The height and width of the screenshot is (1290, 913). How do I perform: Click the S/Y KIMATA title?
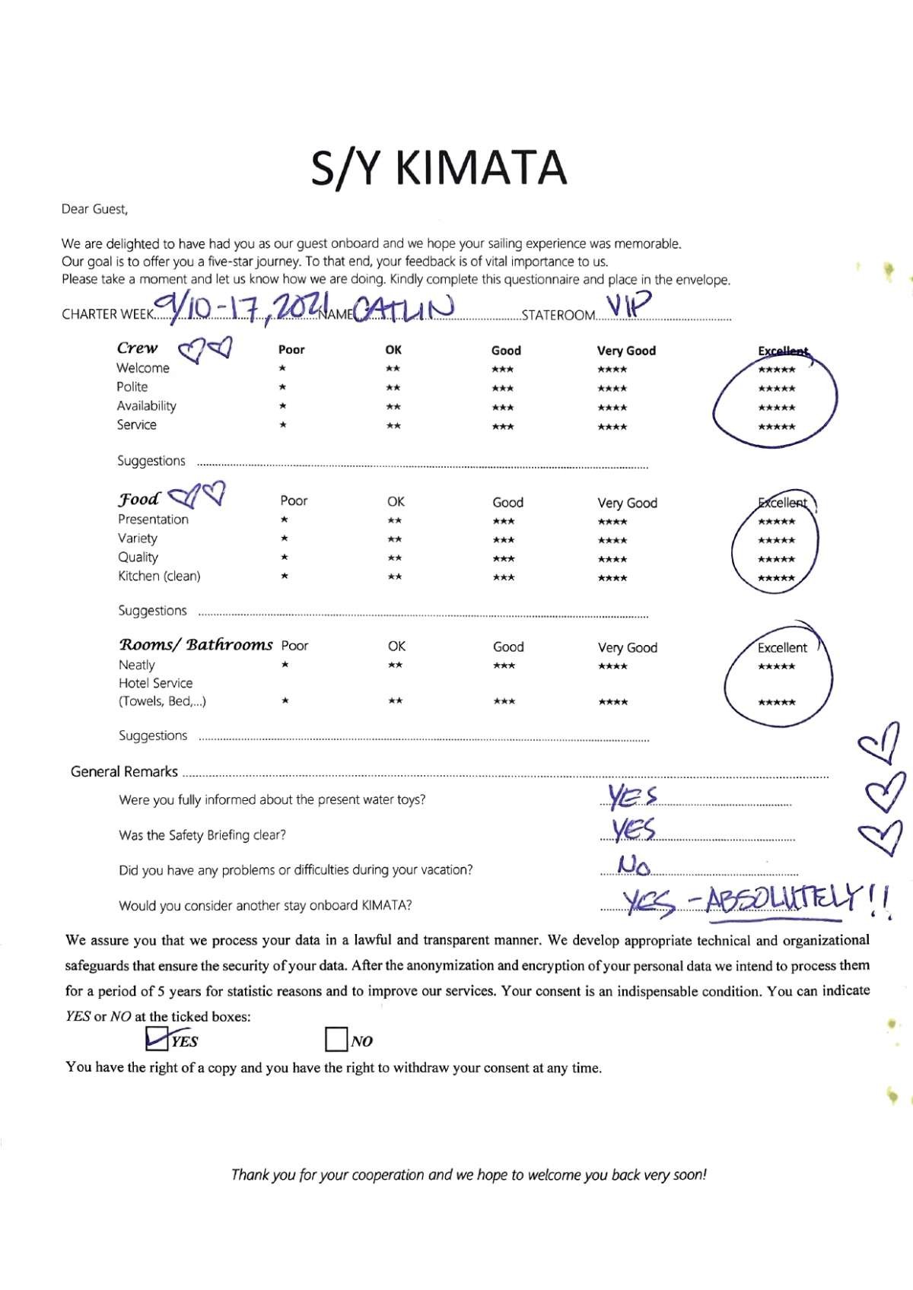pyautogui.click(x=439, y=168)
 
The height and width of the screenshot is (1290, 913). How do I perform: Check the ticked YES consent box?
pyautogui.click(x=157, y=1038)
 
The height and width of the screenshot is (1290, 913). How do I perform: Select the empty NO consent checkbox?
pyautogui.click(x=336, y=1040)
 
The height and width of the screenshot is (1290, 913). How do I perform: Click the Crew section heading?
pyautogui.click(x=138, y=348)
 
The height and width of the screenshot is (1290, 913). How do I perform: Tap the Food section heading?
pyautogui.click(x=138, y=500)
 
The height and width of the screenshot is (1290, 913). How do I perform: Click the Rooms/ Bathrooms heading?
pyautogui.click(x=196, y=645)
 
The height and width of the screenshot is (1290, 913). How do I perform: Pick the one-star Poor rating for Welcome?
pyautogui.click(x=282, y=369)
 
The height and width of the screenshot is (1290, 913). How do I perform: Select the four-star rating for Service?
pyautogui.click(x=612, y=427)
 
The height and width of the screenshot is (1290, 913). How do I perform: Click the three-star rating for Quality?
pyautogui.click(x=503, y=559)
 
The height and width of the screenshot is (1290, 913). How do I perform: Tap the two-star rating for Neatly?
pyautogui.click(x=395, y=666)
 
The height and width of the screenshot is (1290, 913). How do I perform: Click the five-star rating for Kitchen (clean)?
pyautogui.click(x=776, y=578)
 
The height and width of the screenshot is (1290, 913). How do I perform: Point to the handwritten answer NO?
pyautogui.click(x=634, y=865)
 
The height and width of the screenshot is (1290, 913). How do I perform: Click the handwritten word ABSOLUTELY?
pyautogui.click(x=784, y=902)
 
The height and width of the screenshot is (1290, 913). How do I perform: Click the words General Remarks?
pyautogui.click(x=124, y=772)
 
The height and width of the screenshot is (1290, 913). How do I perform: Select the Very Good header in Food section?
pyautogui.click(x=627, y=503)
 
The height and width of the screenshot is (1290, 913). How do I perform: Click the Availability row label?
pyautogui.click(x=146, y=406)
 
